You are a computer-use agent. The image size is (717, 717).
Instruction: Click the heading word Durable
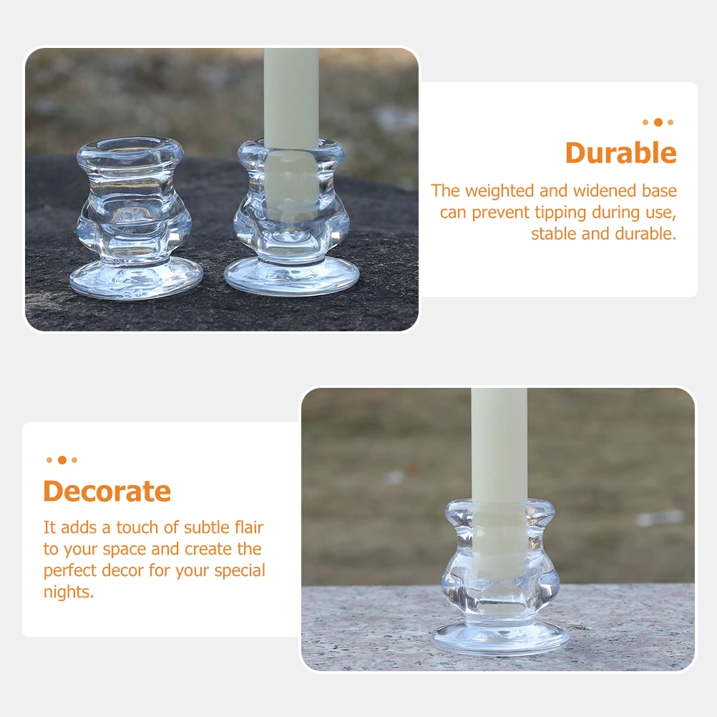tap(620, 153)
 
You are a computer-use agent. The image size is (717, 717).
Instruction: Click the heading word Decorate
tap(107, 492)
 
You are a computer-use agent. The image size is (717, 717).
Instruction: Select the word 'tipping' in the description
tap(561, 213)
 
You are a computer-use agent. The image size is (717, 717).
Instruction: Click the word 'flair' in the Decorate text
tap(245, 527)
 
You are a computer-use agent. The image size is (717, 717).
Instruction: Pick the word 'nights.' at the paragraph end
tap(69, 592)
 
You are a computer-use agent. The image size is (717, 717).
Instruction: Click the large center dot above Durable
tap(658, 122)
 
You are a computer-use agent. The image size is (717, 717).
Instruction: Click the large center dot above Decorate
tap(62, 460)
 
